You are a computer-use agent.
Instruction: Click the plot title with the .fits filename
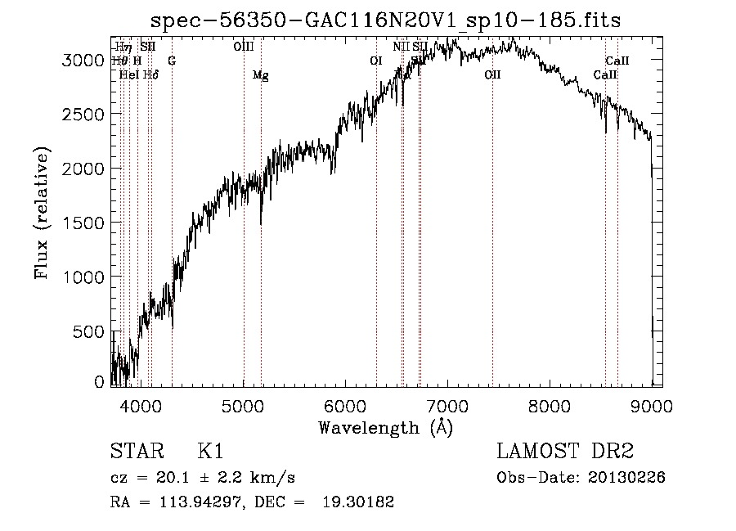(387, 20)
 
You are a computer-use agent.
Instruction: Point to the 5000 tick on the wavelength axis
(244, 405)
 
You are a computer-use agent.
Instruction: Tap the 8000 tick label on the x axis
(550, 405)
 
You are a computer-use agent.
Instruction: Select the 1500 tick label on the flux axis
(85, 223)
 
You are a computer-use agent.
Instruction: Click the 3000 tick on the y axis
(85, 60)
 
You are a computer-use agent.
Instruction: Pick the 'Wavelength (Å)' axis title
(385, 428)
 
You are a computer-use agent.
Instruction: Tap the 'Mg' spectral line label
(260, 76)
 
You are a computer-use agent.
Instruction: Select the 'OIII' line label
(244, 47)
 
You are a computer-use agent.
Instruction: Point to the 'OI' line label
(376, 61)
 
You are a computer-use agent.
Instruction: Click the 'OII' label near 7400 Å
(491, 75)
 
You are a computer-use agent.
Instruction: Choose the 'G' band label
(172, 61)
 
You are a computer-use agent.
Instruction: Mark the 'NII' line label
(401, 47)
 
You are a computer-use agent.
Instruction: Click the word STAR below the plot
(135, 452)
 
